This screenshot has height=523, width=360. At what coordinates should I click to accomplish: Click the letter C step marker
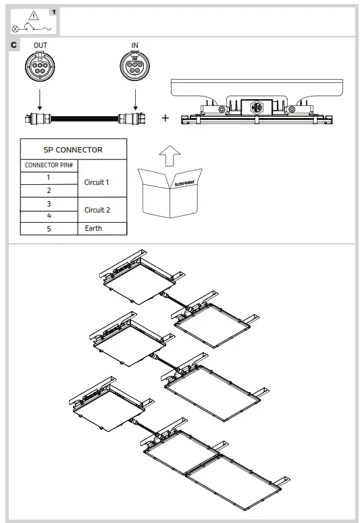pos(14,45)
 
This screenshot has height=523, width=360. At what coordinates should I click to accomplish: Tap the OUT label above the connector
pos(41,45)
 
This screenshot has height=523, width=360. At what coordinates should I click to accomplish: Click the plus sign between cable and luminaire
pos(165,117)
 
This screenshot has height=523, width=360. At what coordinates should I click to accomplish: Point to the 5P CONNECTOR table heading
pos(74,149)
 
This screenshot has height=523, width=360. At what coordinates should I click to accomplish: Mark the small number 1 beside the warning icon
pos(54,11)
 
